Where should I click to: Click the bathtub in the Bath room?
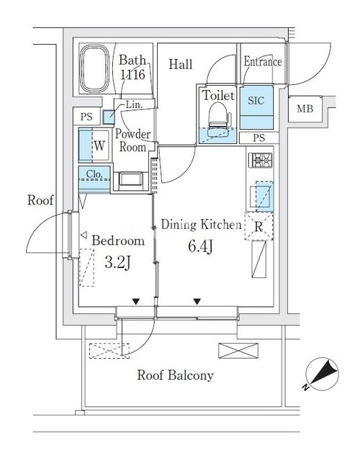(x=94, y=68)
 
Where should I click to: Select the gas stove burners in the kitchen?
(x=261, y=160)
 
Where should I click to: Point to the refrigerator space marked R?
(x=259, y=226)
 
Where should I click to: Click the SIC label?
(x=256, y=101)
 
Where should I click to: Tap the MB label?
(x=305, y=109)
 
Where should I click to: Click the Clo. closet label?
(x=94, y=174)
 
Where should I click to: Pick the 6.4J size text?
(x=200, y=246)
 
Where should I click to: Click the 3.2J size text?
(x=117, y=262)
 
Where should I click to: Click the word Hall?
(x=181, y=64)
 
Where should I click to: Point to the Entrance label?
(x=263, y=61)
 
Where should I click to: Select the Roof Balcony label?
(x=176, y=375)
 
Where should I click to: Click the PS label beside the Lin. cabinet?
(x=86, y=117)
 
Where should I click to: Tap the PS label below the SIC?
(x=259, y=138)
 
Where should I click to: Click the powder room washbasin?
(x=130, y=180)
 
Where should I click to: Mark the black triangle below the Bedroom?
(x=135, y=301)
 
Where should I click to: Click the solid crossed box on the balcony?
(x=238, y=351)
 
